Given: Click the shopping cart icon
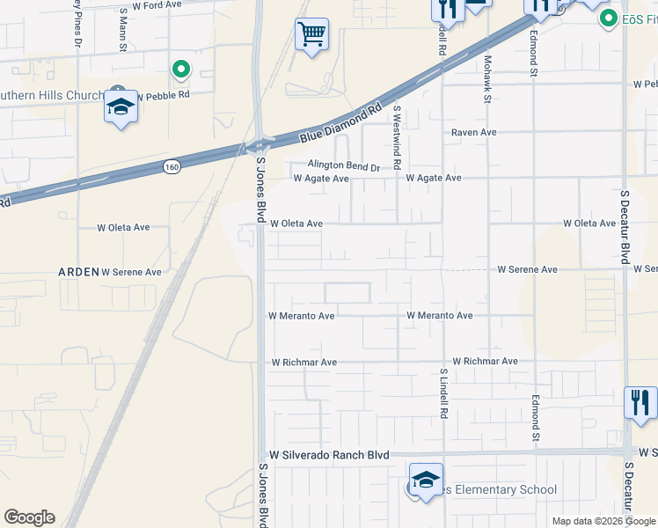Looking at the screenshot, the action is [x=311, y=36].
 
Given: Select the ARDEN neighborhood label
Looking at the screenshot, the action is [x=78, y=272].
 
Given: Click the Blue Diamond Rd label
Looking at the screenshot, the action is [x=341, y=124].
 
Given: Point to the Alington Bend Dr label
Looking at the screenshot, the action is [x=343, y=165].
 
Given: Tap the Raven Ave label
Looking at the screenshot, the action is [x=474, y=132].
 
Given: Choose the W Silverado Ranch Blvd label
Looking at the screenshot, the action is [x=329, y=455].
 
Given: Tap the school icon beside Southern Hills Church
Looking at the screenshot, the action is [x=120, y=107].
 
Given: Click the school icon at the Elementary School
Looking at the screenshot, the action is [x=426, y=480].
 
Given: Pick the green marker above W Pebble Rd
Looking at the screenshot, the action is [x=180, y=69].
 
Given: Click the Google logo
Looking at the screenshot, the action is [x=29, y=517].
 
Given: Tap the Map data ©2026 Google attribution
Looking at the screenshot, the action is [x=603, y=521].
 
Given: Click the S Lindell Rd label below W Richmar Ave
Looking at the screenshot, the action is [x=444, y=394].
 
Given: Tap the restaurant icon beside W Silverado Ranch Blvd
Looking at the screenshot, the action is [x=640, y=402].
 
